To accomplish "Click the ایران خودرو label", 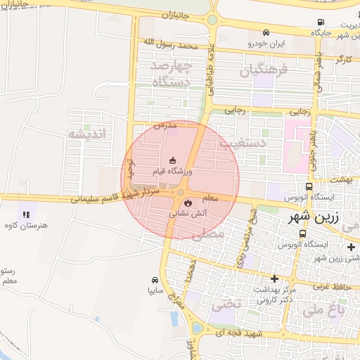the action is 266,44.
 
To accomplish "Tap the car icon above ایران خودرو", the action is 266,33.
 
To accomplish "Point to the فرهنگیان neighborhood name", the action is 264,70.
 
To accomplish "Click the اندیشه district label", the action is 86,134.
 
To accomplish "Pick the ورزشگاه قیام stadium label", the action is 172,171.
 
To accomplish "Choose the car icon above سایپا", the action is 155,279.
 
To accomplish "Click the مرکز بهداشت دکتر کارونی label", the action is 276,295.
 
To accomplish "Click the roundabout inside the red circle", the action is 181,192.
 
